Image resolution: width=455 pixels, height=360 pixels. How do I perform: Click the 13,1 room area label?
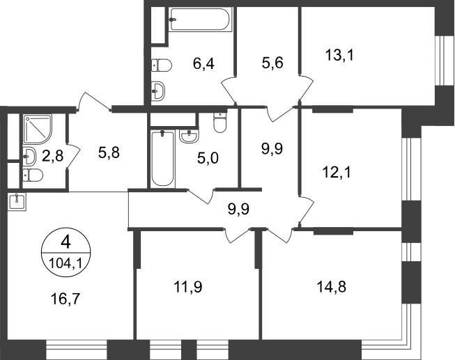[x=339, y=55]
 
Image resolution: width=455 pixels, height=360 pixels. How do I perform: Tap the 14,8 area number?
[x=332, y=287]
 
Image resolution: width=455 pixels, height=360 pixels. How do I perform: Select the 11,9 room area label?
[x=188, y=287]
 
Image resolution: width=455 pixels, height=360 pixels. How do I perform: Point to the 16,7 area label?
[x=65, y=299]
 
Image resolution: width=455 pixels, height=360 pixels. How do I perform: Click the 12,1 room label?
[x=337, y=173]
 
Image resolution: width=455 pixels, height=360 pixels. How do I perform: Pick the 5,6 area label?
[x=272, y=63]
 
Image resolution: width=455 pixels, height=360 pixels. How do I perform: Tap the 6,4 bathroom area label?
[x=203, y=63]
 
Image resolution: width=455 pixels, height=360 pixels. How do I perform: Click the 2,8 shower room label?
[x=52, y=156]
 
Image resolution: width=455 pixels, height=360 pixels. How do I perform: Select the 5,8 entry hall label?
[x=109, y=152]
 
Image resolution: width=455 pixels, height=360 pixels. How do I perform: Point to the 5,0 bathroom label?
[x=208, y=158]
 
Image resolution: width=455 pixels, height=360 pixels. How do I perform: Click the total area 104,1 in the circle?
[x=66, y=263]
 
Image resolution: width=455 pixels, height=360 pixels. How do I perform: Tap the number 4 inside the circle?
[x=66, y=242]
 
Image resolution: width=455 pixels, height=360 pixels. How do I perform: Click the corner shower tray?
[x=38, y=130]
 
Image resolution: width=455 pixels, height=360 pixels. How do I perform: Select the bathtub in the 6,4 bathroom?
[x=200, y=19]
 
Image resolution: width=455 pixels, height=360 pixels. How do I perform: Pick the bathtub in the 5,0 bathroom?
[x=163, y=159]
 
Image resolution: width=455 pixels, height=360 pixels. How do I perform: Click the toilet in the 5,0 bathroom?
[x=219, y=122]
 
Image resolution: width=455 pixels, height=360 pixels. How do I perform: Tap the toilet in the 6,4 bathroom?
[x=162, y=65]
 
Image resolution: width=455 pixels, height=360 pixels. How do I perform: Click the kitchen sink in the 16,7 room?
[x=17, y=202]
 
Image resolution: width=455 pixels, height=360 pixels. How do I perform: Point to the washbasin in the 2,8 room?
[x=29, y=156]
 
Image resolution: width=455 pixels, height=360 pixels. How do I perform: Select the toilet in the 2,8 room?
[x=33, y=175]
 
